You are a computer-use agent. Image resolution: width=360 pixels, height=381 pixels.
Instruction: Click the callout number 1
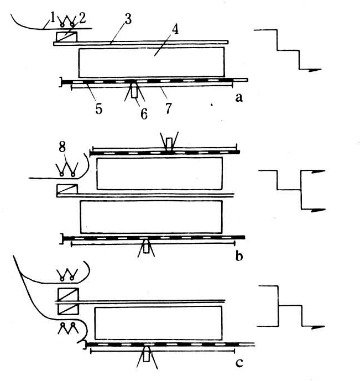pyautogui.click(x=53, y=18)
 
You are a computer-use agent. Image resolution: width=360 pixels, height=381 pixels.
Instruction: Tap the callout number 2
pyautogui.click(x=82, y=18)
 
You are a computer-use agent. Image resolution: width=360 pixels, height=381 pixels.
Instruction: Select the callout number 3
pyautogui.click(x=128, y=19)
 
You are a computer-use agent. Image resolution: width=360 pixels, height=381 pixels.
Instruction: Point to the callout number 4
pyautogui.click(x=175, y=29)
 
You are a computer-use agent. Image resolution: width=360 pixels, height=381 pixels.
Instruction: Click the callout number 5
pyautogui.click(x=98, y=108)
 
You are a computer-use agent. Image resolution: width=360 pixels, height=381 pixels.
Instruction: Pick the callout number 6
pyautogui.click(x=144, y=114)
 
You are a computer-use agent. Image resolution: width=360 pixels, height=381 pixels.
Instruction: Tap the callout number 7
pyautogui.click(x=169, y=108)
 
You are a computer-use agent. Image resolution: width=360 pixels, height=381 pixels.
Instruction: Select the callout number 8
pyautogui.click(x=62, y=147)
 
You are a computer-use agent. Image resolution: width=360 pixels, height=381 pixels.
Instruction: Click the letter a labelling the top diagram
pyautogui.click(x=239, y=98)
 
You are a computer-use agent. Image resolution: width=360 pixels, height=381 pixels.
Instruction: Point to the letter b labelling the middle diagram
pyautogui.click(x=239, y=256)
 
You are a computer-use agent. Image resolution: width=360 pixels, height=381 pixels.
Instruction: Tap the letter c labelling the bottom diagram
pyautogui.click(x=239, y=363)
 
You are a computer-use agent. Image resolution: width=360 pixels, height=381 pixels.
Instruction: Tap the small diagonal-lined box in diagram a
pyautogui.click(x=67, y=36)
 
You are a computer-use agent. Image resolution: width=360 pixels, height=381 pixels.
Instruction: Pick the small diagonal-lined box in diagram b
pyautogui.click(x=67, y=189)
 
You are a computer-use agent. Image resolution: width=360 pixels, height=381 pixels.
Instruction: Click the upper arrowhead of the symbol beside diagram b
pyautogui.click(x=318, y=171)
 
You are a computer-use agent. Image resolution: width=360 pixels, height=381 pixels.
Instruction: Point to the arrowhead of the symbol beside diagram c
pyautogui.click(x=317, y=327)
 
